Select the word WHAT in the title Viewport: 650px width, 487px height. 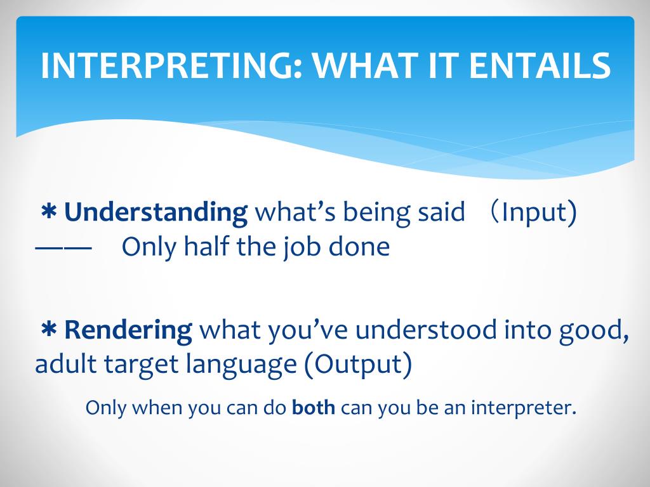(365, 65)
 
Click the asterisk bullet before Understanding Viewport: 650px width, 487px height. (49, 212)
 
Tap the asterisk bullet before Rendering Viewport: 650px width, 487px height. (49, 330)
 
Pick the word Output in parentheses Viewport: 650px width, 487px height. (358, 364)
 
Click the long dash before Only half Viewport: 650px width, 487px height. (63, 248)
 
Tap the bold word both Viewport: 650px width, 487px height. (314, 408)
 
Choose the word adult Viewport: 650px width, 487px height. (66, 363)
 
